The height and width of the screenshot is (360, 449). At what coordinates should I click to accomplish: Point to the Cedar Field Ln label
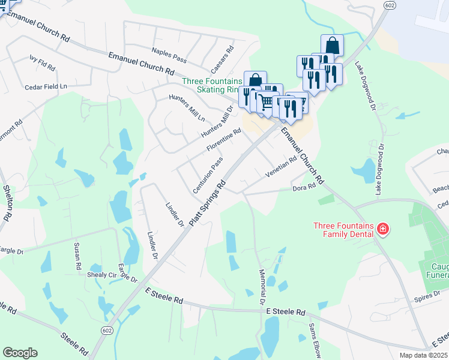coord(46,86)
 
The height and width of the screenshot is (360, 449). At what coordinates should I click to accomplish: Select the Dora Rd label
coord(304,188)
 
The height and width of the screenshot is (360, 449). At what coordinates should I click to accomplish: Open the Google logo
coord(20,353)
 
